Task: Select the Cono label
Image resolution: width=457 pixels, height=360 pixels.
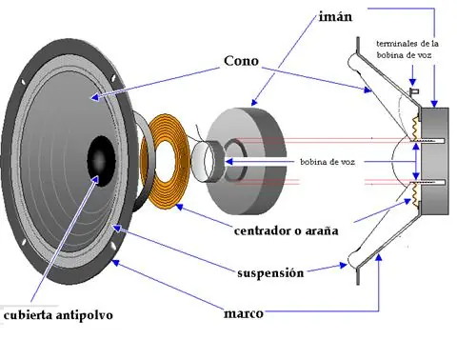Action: pyautogui.click(x=241, y=60)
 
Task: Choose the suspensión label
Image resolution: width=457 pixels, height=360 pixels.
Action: pyautogui.click(x=270, y=273)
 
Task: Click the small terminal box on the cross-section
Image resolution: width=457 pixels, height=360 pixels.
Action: pyautogui.click(x=415, y=92)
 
